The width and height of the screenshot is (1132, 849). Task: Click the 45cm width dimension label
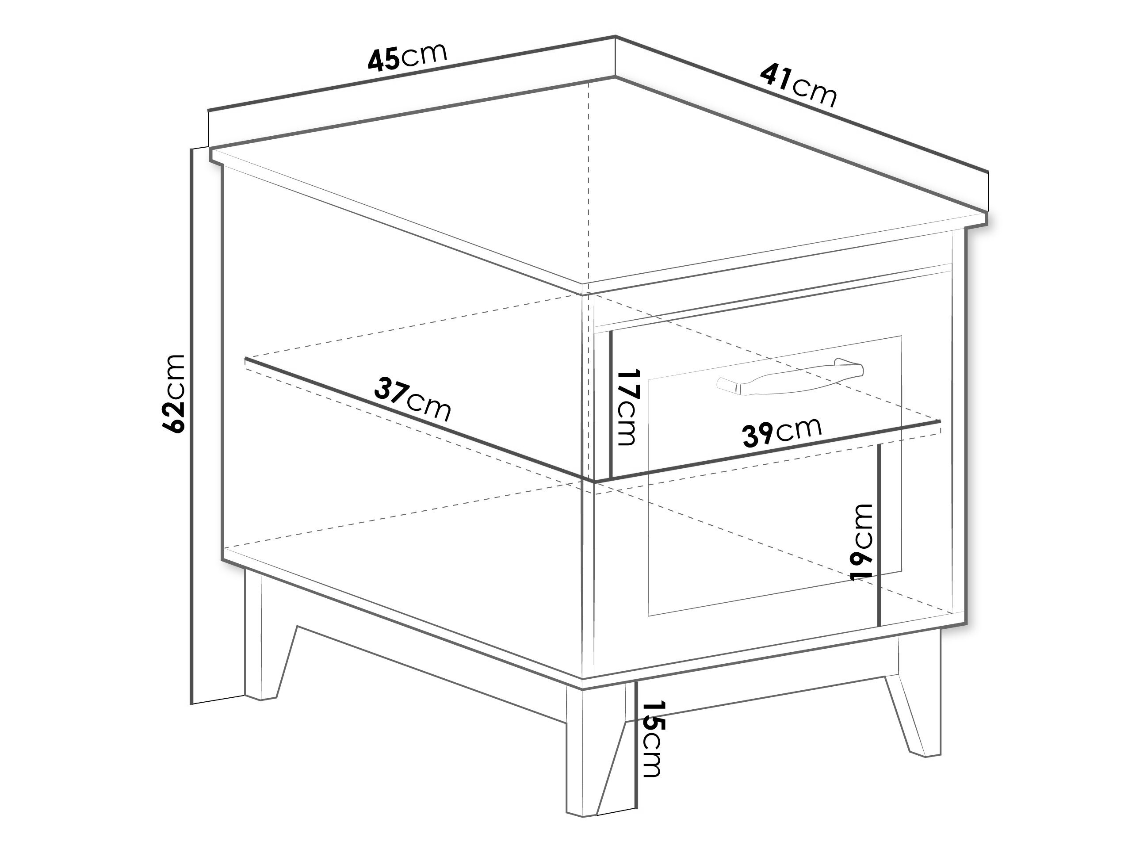click(407, 57)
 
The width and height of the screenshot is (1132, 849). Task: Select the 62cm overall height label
click(173, 393)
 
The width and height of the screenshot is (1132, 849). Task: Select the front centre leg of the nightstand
click(596, 757)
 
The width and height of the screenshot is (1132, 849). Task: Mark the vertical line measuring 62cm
click(191, 426)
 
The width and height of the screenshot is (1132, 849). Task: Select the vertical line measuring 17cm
click(611, 404)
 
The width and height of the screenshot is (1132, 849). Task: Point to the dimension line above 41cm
click(801, 104)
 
